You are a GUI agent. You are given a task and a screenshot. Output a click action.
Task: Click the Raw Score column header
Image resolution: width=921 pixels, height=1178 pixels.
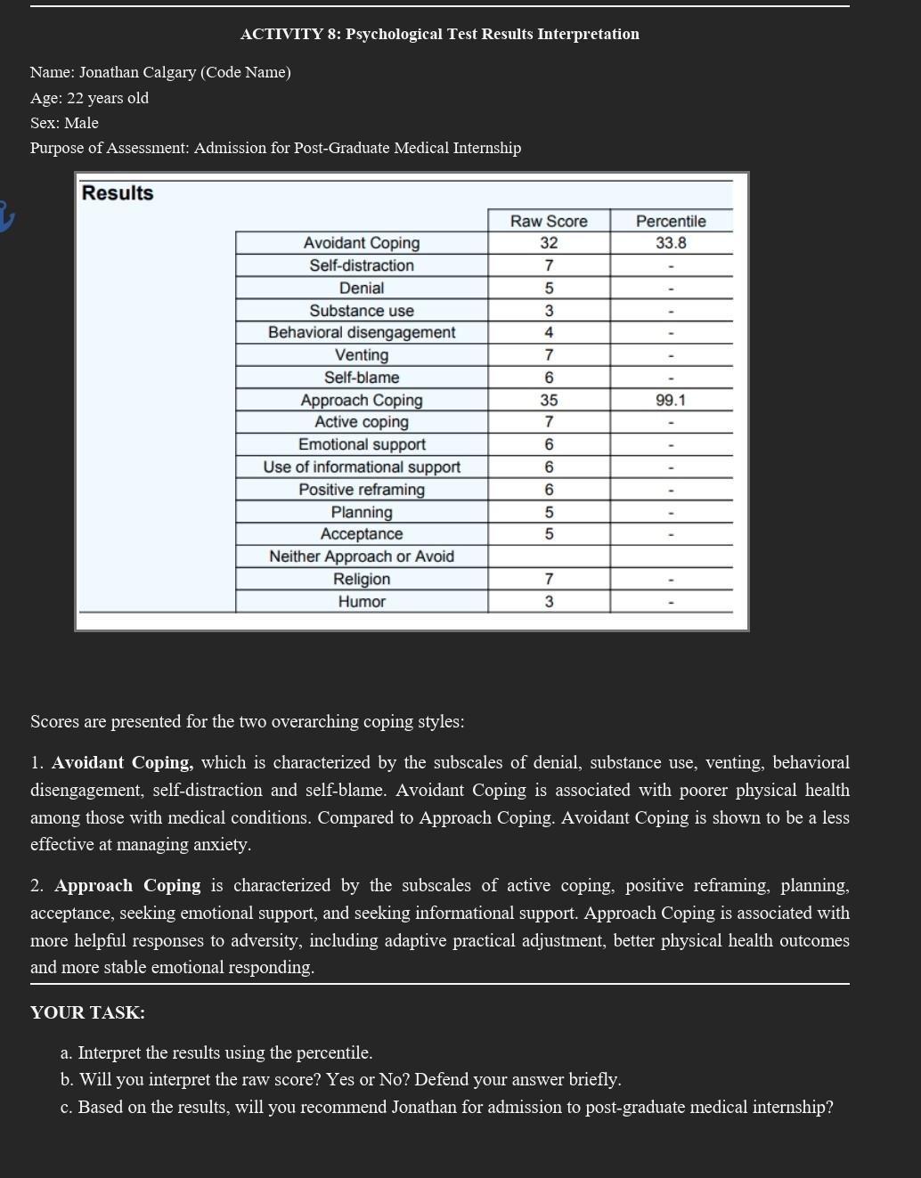click(549, 221)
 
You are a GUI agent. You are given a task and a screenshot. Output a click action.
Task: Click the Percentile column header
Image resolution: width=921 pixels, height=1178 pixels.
click(671, 221)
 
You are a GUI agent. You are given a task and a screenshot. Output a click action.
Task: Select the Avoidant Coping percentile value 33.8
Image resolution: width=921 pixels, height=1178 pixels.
click(671, 243)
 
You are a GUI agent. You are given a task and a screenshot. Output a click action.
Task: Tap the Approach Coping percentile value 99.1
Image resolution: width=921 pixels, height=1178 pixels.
click(671, 401)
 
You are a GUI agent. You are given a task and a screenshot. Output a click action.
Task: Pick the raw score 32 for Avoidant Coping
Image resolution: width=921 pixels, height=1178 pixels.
click(549, 243)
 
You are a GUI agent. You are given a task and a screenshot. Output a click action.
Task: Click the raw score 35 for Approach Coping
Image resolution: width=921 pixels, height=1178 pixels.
click(549, 401)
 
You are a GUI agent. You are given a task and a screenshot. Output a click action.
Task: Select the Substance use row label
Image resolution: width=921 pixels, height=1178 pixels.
click(362, 311)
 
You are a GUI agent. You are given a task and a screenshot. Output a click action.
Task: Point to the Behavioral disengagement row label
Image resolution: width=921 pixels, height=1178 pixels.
click(362, 332)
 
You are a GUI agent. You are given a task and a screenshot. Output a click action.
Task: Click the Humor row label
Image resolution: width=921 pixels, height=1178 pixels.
click(362, 602)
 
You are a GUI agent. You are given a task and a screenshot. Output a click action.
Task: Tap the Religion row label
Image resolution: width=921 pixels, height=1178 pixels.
click(362, 579)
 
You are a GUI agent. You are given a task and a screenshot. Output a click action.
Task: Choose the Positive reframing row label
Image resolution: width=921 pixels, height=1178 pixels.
click(362, 490)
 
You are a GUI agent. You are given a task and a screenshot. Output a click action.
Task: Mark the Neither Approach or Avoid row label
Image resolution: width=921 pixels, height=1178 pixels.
click(362, 557)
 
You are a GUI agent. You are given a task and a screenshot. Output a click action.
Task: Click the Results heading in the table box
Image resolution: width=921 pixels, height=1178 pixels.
click(118, 193)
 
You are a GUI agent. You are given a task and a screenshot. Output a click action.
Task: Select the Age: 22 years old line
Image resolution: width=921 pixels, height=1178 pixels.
click(89, 98)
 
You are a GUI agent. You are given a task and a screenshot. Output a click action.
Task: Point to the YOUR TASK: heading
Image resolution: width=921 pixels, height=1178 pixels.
click(87, 1012)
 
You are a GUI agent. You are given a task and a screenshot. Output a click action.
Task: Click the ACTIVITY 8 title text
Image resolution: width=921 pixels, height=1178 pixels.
click(439, 34)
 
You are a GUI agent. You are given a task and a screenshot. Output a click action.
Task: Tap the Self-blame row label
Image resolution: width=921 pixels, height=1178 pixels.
click(362, 378)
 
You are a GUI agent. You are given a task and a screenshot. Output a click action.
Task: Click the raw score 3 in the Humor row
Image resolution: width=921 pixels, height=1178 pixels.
click(549, 602)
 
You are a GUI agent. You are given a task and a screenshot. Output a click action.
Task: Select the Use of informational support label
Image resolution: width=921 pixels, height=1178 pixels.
click(362, 467)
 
